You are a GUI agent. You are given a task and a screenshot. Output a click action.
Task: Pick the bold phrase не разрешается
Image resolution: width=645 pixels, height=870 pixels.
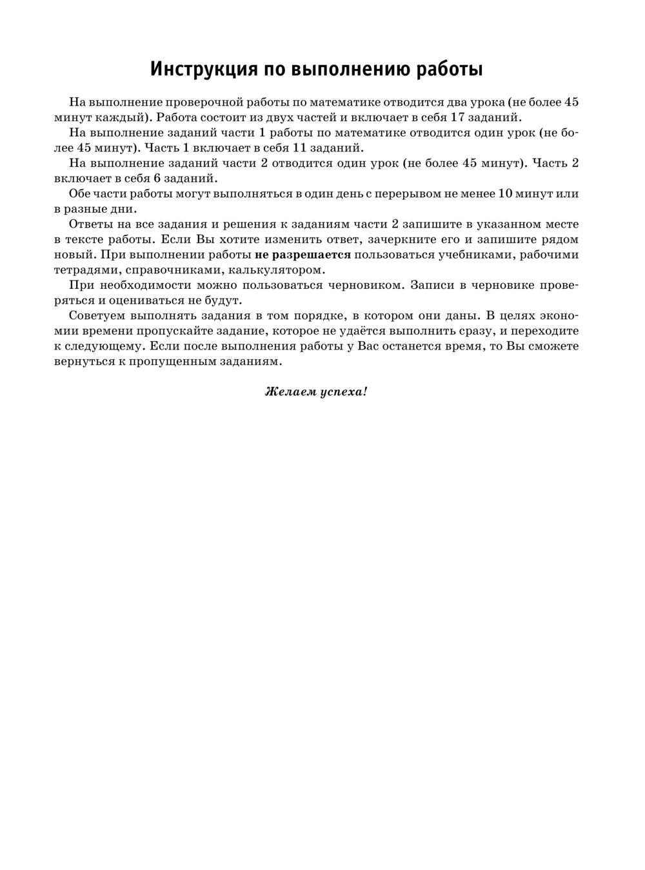click(x=303, y=255)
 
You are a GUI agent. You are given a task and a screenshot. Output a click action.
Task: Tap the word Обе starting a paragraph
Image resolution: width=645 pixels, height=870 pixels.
click(x=80, y=193)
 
